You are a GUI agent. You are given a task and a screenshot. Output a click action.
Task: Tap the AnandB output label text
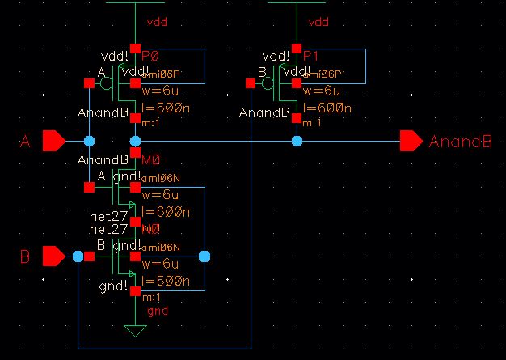point(460,142)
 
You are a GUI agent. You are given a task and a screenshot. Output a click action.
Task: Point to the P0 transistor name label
point(151,57)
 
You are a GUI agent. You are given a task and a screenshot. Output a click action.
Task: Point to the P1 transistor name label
point(312,57)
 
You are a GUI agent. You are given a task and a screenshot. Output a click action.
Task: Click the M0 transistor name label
point(151,160)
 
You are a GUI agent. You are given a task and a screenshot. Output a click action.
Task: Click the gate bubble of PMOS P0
point(107,83)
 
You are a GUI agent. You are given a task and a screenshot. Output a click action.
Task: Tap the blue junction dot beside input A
point(90,142)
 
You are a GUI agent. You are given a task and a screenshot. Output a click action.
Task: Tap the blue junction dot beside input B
point(78,257)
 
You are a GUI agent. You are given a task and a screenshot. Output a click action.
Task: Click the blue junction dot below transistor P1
point(297,142)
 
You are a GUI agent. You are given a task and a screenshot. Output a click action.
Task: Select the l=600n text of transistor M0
point(166,212)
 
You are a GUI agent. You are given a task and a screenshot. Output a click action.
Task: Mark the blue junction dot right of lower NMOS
point(204,257)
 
